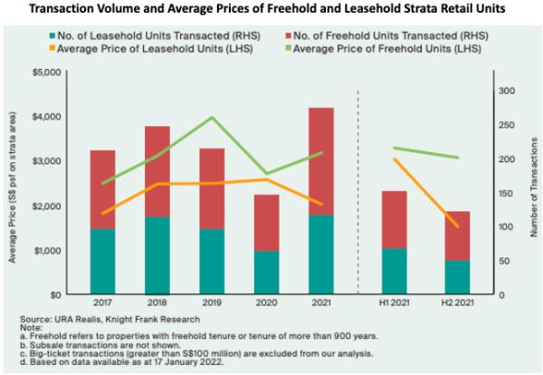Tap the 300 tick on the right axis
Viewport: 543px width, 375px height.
click(x=507, y=91)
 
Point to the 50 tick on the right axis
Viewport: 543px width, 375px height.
click(x=504, y=261)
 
